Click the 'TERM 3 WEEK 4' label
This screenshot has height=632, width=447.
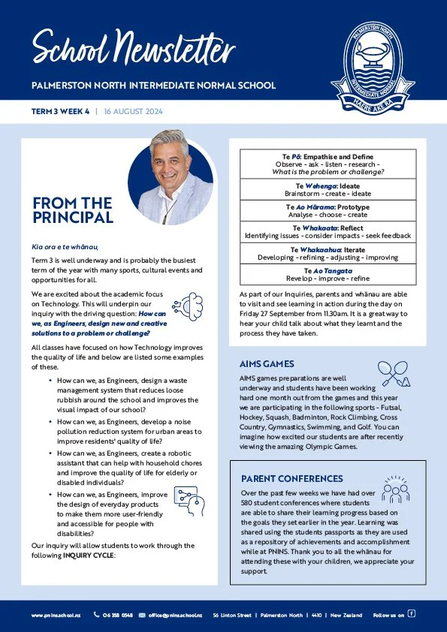tap(60, 111)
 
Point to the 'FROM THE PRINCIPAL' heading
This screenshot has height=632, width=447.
tap(73, 210)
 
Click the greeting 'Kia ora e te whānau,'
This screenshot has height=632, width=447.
tap(65, 246)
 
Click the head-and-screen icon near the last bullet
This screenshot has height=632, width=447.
tap(184, 498)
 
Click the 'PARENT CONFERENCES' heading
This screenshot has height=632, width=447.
tap(292, 478)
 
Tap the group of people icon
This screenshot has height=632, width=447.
tap(395, 488)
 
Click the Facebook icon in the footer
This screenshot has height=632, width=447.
tap(411, 613)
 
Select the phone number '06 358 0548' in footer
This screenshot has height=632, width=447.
tap(118, 615)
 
